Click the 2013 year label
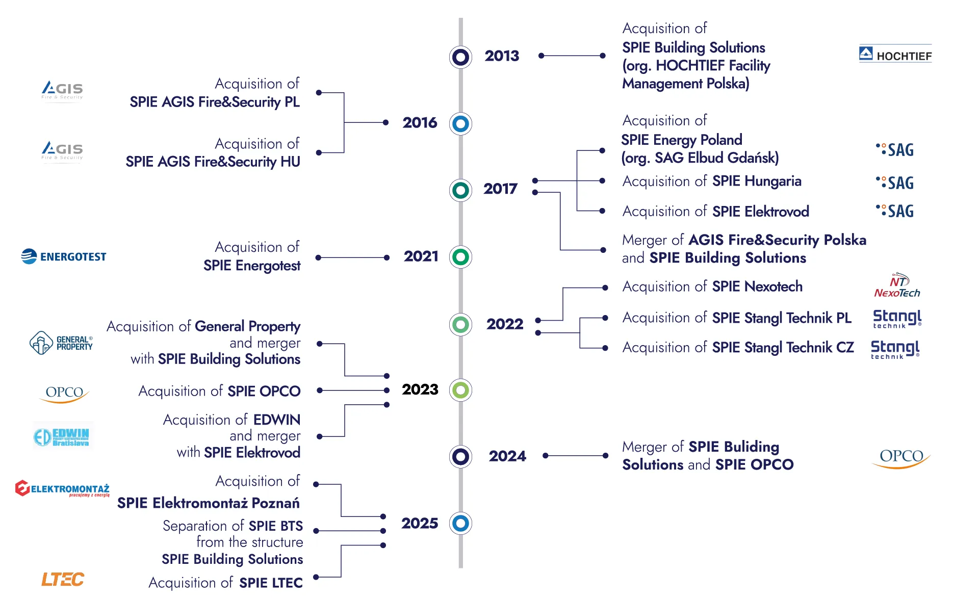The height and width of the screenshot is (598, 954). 502,56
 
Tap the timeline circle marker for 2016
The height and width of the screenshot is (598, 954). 460,123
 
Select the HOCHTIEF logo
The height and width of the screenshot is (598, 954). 895,54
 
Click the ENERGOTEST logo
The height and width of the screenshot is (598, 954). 64,256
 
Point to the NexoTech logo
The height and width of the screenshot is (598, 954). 897,286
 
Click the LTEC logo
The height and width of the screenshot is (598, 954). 63,579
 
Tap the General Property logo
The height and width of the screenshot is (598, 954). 61,343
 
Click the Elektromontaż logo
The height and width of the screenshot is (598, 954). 63,488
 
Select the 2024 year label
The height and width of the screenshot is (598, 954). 507,456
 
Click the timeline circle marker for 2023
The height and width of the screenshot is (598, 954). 460,390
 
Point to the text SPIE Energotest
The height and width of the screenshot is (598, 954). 252,266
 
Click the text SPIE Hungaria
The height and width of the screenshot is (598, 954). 757,181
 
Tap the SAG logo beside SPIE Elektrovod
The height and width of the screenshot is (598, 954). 895,211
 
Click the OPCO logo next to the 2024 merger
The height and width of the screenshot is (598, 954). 901,458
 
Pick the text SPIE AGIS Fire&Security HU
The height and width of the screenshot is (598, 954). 213,162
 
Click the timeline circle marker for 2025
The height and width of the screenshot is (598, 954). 460,523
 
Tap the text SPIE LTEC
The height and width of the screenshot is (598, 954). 271,583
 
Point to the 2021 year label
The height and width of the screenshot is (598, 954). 421,256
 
